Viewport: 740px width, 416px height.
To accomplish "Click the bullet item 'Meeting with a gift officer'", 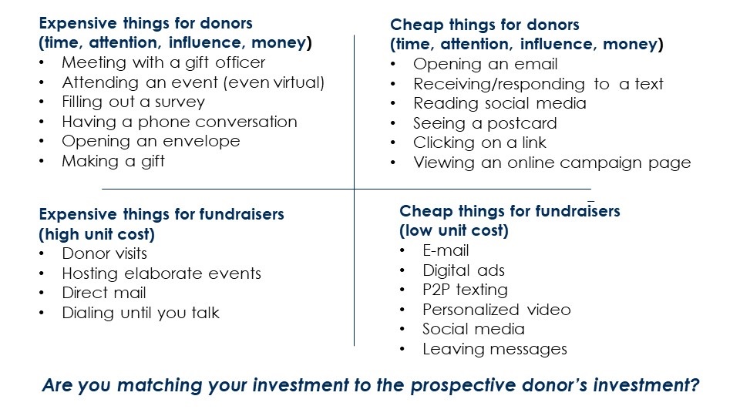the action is [x=163, y=62].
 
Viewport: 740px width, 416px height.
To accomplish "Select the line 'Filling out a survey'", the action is [x=133, y=102].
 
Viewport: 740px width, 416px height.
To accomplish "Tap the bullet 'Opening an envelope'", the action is [x=151, y=141].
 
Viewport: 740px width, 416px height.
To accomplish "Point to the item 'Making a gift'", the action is [x=113, y=161].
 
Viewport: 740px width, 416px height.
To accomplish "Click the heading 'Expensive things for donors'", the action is [x=146, y=23].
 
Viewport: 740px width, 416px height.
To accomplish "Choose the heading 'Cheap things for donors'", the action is [x=485, y=25].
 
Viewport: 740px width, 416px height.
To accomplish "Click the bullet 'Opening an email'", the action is [x=485, y=64].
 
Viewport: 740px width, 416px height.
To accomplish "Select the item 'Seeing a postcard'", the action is [x=485, y=123].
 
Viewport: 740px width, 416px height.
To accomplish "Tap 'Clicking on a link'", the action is [x=479, y=143].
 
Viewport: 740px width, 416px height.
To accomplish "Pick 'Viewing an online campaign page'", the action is [x=552, y=163].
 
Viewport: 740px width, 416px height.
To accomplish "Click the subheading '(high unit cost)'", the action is [x=97, y=234].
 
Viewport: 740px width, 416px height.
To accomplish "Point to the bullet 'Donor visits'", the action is [x=104, y=253].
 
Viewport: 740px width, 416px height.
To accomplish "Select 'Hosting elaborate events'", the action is [x=161, y=273].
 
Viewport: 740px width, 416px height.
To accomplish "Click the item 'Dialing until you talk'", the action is [x=140, y=313].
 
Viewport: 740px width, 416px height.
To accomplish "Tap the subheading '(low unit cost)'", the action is [x=454, y=230].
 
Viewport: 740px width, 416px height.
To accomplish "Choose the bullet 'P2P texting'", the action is [x=465, y=290].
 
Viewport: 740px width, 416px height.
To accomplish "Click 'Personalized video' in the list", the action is [x=496, y=310].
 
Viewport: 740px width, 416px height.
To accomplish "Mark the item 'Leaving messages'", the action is [x=495, y=349].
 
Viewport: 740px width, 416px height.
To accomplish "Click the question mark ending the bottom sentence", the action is [x=694, y=385].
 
